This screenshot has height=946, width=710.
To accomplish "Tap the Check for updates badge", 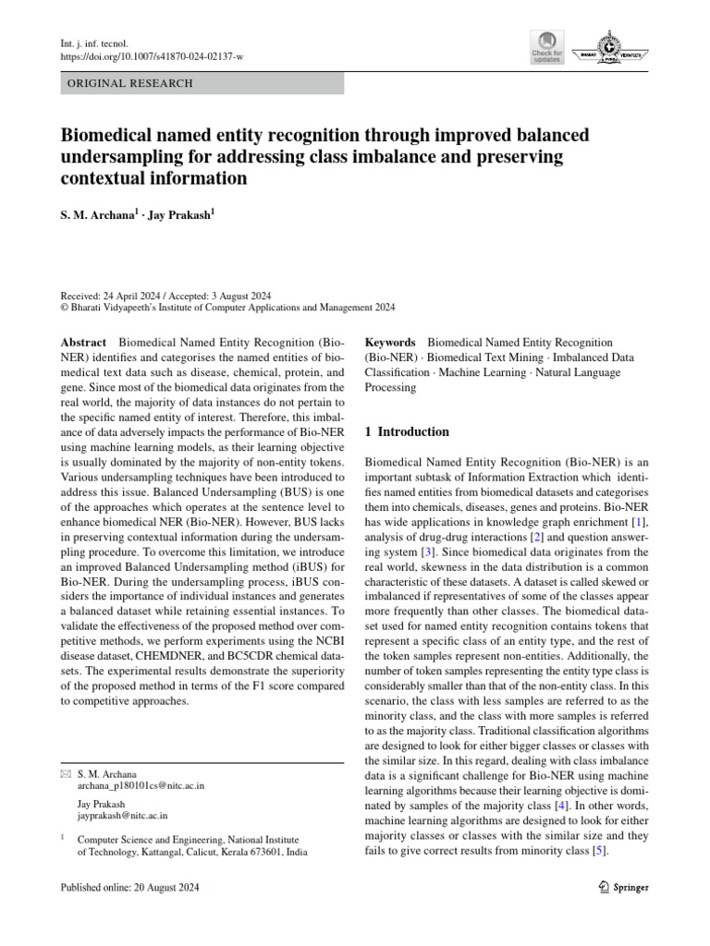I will [545, 48].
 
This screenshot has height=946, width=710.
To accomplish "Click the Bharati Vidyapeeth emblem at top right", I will [609, 48].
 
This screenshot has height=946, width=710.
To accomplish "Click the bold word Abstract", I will [82, 343].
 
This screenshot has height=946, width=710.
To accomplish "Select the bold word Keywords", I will [390, 343].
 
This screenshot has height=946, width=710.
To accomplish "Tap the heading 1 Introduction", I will [408, 431].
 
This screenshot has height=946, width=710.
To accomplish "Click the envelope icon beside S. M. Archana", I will [65, 773].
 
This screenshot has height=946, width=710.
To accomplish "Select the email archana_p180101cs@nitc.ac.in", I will [141, 785].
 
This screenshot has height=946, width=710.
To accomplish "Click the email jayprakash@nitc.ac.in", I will [122, 816].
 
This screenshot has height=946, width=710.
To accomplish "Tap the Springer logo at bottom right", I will [618, 887].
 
